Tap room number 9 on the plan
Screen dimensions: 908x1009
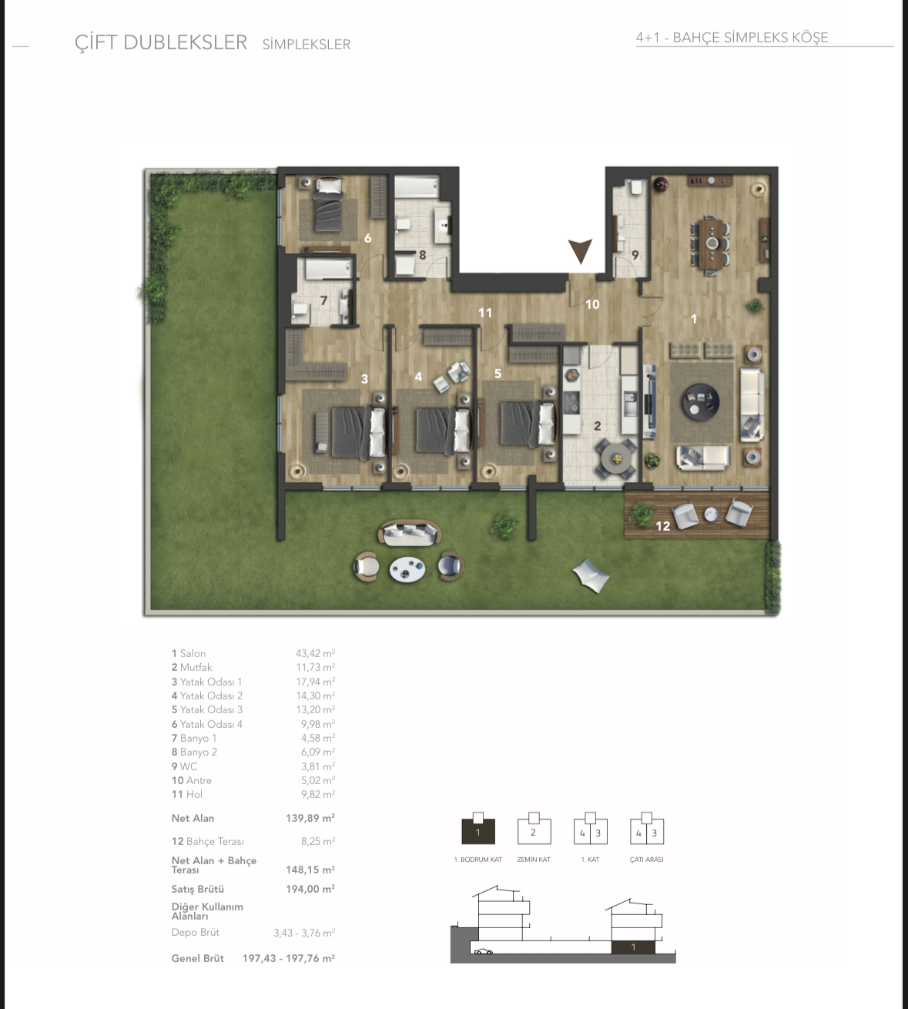pos(635,255)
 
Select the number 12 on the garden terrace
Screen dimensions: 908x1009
pos(662,526)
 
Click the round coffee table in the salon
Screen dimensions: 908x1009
pos(700,401)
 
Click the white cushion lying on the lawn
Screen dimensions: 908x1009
pos(591,575)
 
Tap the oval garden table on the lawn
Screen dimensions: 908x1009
pos(407,569)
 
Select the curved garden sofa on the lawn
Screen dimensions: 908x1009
pos(410,533)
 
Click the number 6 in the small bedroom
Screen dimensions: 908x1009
pos(367,238)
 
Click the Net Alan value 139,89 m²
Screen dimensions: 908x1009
pos(310,818)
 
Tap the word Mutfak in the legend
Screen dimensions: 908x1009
pos(196,668)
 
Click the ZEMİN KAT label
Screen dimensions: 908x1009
pos(534,860)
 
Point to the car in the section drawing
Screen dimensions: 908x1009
pos(484,951)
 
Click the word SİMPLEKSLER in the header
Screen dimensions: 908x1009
pos(307,44)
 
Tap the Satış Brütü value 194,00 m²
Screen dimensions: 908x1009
pos(310,890)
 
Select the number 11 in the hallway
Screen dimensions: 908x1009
pos(485,313)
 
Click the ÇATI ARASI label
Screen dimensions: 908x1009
pos(646,860)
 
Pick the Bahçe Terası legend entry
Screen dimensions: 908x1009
pos(208,842)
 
